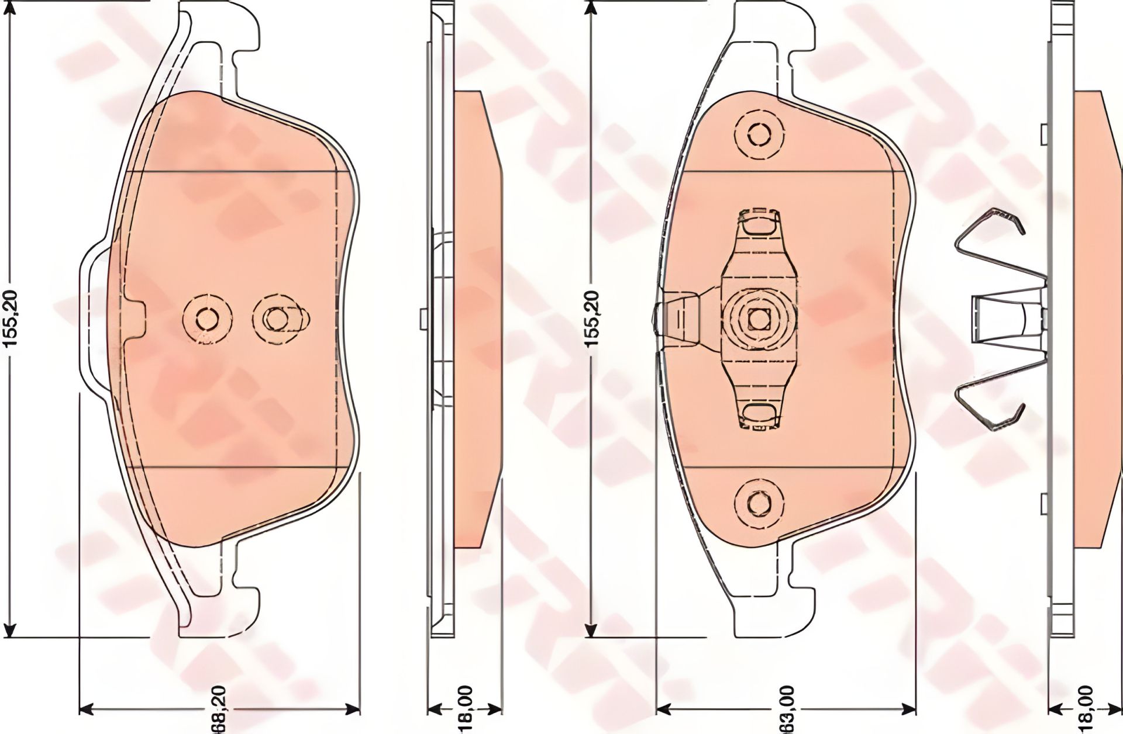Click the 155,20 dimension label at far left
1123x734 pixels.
(13, 319)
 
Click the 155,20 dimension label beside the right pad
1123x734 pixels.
(592, 319)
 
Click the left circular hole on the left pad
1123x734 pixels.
(204, 318)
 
